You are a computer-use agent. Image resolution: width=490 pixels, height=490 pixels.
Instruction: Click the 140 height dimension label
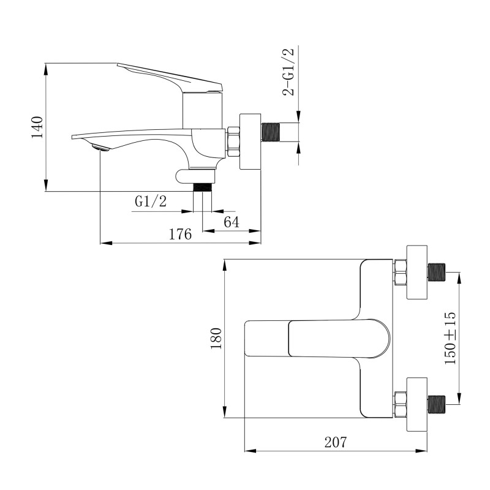click(37, 127)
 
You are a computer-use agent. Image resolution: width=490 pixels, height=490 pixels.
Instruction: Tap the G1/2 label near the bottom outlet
click(151, 202)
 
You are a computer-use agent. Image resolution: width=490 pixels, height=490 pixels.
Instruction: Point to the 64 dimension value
click(231, 222)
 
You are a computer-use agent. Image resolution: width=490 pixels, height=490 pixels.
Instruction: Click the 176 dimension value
click(181, 234)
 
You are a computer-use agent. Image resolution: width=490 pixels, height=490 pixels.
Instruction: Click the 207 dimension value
click(336, 442)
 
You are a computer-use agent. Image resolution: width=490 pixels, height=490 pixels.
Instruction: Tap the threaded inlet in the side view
click(273, 132)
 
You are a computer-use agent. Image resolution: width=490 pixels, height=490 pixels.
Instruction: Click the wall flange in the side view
click(250, 141)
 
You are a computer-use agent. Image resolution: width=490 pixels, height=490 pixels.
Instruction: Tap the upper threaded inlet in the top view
click(437, 271)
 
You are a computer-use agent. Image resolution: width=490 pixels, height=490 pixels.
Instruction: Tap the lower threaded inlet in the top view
click(437, 404)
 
